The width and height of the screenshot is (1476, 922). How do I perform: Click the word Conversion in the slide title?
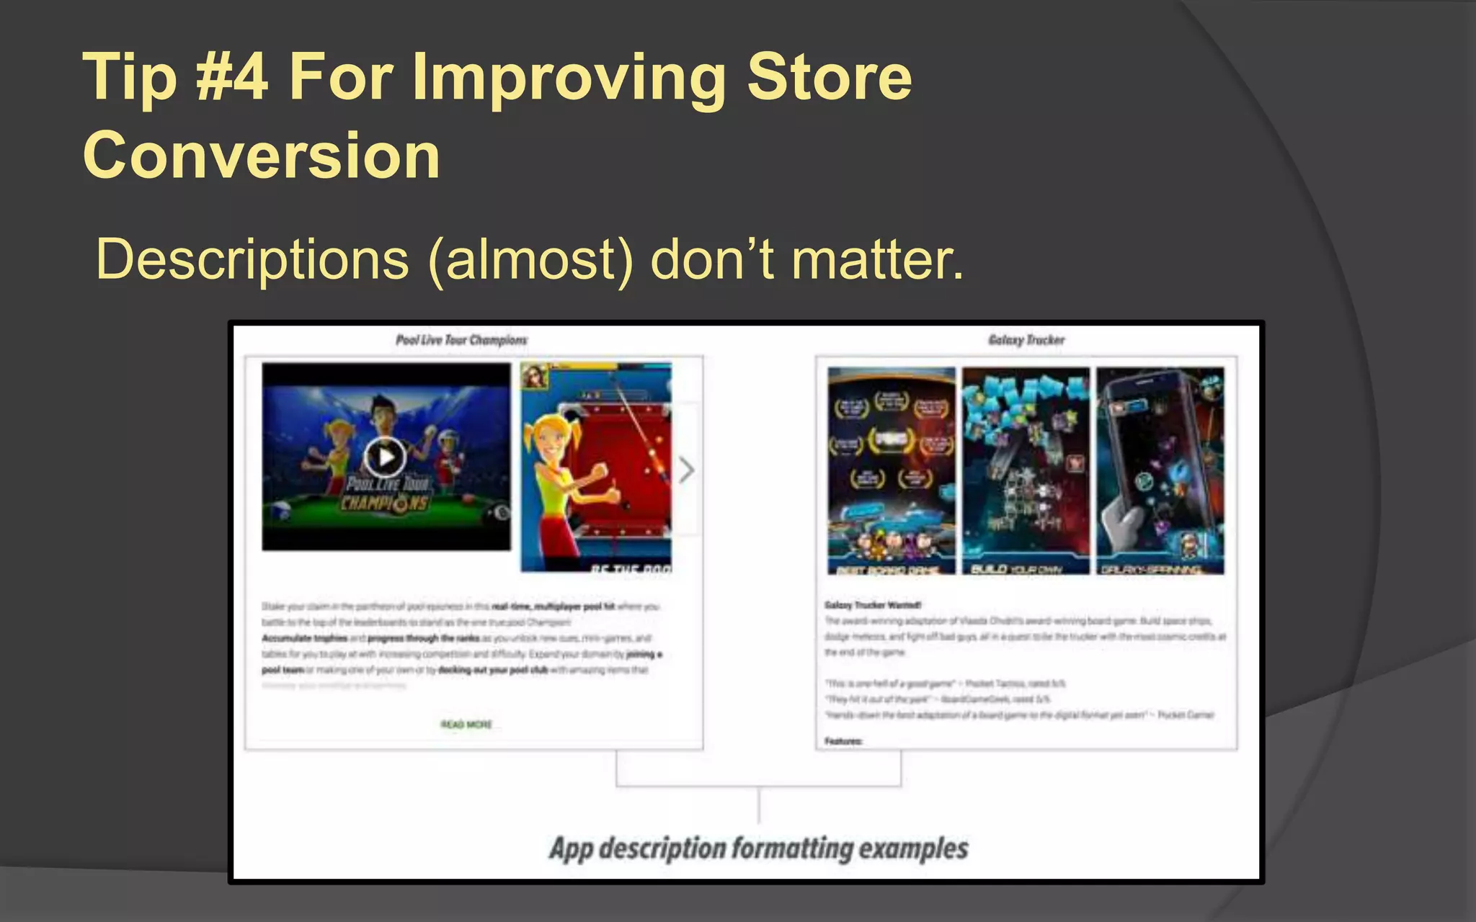(261, 155)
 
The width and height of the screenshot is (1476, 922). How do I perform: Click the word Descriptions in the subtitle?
(252, 259)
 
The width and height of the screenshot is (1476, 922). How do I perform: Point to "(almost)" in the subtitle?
(531, 259)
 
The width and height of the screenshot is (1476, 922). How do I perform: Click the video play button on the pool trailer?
(385, 457)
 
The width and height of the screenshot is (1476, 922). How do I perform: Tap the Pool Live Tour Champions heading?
(461, 340)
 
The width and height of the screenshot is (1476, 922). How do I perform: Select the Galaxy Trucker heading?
(1026, 340)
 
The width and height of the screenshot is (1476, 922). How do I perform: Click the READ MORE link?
(466, 725)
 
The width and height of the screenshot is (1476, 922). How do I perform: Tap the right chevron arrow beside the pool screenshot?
(687, 470)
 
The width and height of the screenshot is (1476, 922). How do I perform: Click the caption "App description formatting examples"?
(758, 849)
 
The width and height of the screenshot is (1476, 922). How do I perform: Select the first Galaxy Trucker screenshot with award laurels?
(892, 470)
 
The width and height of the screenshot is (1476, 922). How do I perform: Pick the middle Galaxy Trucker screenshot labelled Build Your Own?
(1026, 470)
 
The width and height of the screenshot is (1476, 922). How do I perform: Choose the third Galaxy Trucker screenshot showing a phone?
(1160, 470)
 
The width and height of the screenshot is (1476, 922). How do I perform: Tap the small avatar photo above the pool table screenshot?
(535, 376)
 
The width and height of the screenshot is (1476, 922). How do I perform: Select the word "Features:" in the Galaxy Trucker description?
(843, 741)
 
